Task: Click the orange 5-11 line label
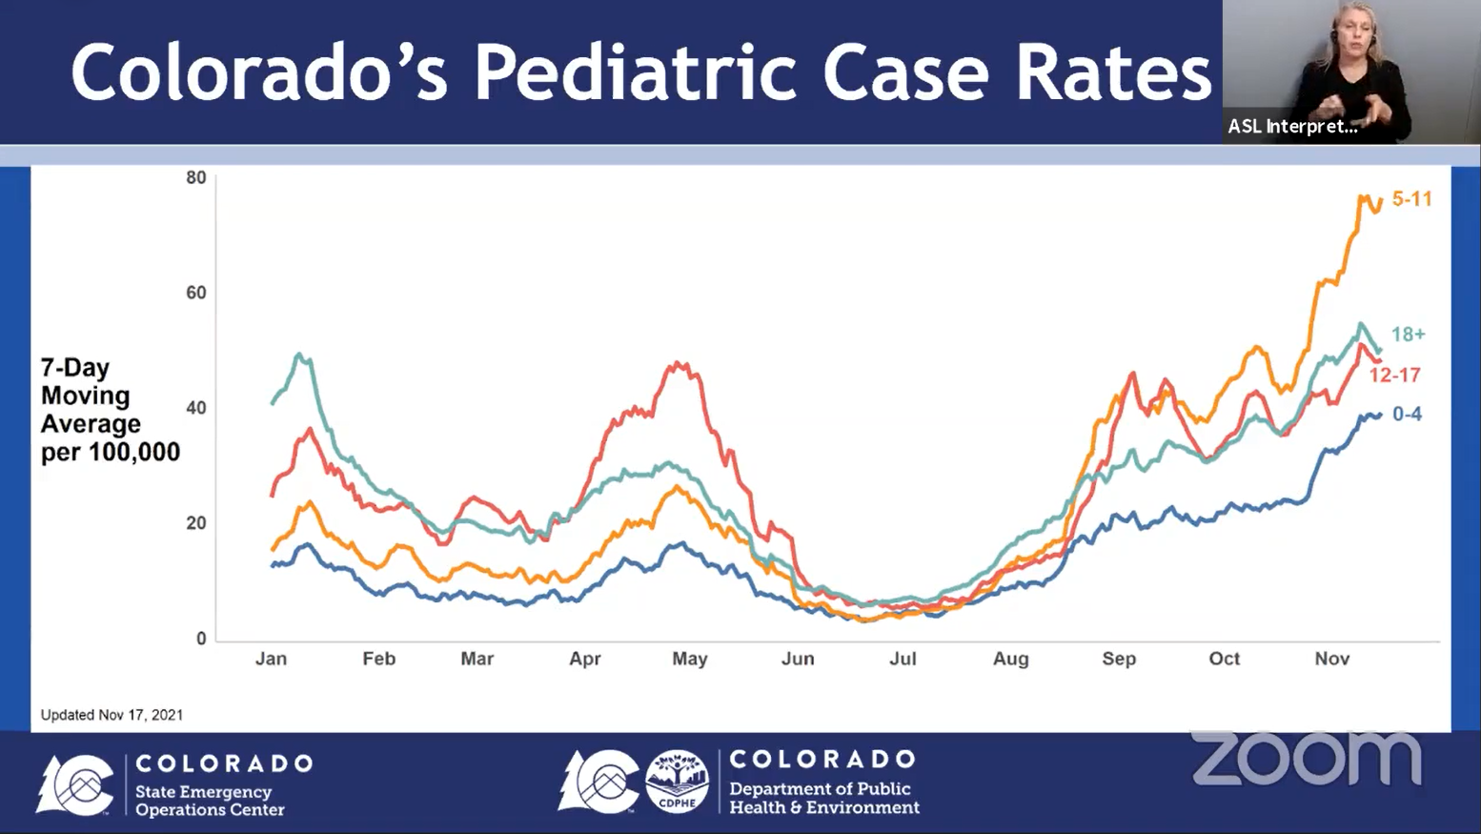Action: point(1411,198)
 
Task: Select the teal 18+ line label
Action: point(1409,335)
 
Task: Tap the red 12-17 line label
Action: point(1394,376)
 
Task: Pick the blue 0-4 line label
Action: point(1407,414)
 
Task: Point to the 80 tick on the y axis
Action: point(196,177)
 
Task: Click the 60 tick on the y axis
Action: point(196,293)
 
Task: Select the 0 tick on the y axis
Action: point(201,639)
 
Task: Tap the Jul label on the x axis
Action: point(903,659)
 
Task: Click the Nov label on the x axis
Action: point(1331,659)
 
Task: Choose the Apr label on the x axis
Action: point(585,660)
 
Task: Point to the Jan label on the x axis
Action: point(271,659)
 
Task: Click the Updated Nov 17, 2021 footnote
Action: point(112,715)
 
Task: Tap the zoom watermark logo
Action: point(1307,758)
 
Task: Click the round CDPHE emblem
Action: point(677,781)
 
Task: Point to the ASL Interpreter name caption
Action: point(1292,127)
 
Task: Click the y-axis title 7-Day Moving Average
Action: point(110,410)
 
